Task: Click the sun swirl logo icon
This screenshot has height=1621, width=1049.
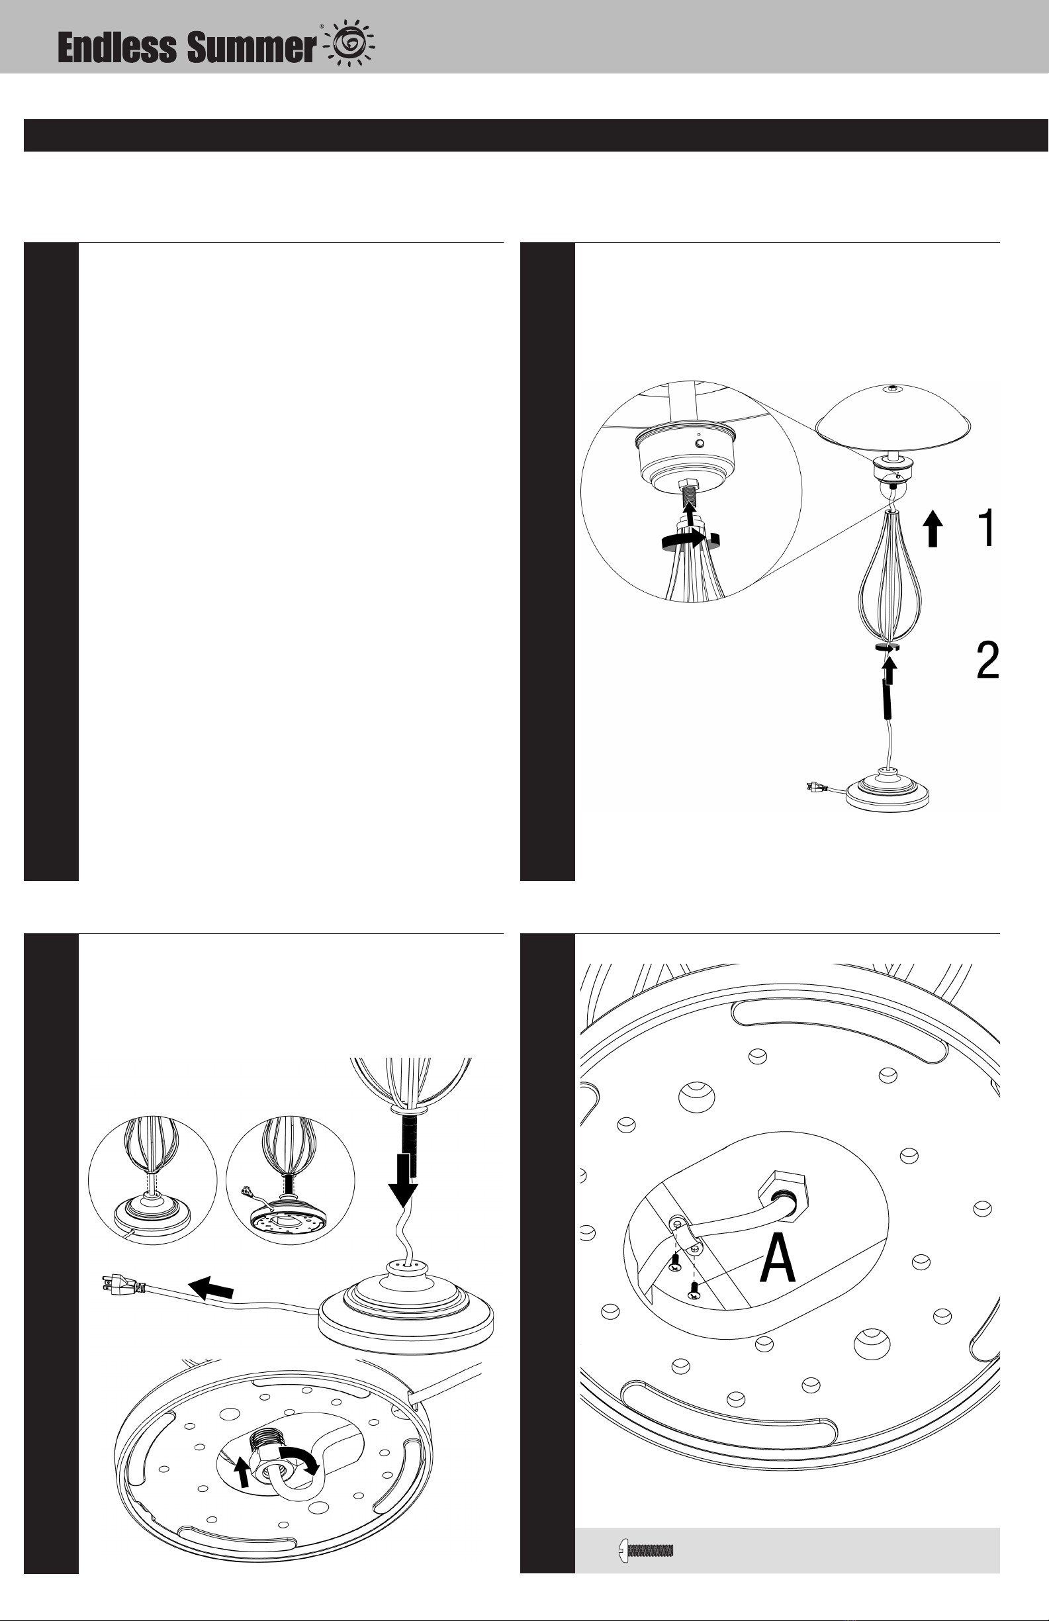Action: click(351, 44)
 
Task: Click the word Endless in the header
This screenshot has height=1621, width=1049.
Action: click(116, 48)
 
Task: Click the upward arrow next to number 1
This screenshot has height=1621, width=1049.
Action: click(933, 530)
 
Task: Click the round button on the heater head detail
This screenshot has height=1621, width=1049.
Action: click(700, 444)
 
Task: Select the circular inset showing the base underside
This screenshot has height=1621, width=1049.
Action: click(290, 1180)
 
